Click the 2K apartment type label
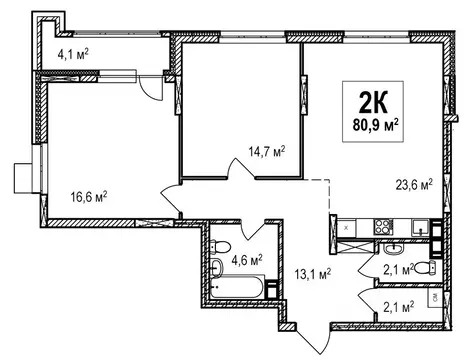(x=373, y=102)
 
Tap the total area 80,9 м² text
(x=376, y=126)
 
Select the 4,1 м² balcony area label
(x=73, y=54)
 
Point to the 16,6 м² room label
(x=89, y=197)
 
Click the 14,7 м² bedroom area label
(x=267, y=152)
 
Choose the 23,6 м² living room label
(x=414, y=184)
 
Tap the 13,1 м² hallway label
(x=312, y=274)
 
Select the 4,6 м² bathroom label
(x=247, y=260)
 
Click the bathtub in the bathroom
(x=237, y=286)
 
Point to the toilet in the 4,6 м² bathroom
(x=220, y=247)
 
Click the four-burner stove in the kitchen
(x=383, y=227)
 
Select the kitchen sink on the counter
(x=420, y=228)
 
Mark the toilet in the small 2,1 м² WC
(x=426, y=268)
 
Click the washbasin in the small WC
(x=395, y=248)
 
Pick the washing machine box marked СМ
(x=435, y=298)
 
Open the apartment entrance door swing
(x=313, y=338)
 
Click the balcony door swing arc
(x=151, y=87)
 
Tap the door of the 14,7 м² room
(x=241, y=168)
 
